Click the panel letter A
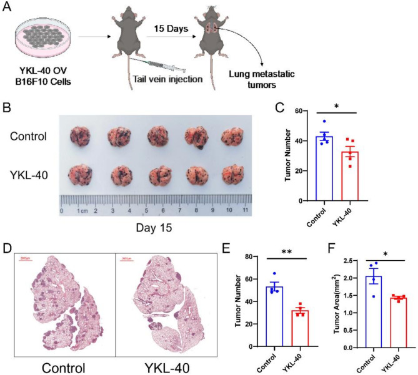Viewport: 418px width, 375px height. click(x=7, y=11)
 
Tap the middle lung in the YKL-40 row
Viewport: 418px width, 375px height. click(x=159, y=177)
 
